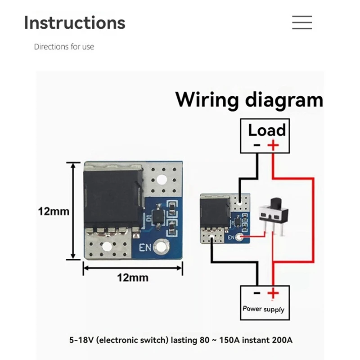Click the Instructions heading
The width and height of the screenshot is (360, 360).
tap(74, 22)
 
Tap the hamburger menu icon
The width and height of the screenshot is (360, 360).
tap(301, 22)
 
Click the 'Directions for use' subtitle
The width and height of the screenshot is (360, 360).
tap(64, 47)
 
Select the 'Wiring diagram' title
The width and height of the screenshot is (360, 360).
tap(249, 99)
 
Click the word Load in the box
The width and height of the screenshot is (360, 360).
tap(267, 130)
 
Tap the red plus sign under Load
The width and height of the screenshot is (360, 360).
tap(273, 145)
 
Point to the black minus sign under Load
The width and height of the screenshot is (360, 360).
tap(256, 145)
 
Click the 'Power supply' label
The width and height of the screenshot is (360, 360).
tap(263, 309)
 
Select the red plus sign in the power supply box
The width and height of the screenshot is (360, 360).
tap(273, 293)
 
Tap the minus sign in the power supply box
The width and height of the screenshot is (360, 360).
tap(256, 293)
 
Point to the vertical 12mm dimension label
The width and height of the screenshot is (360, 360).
tap(54, 211)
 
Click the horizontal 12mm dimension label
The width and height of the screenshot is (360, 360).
tap(132, 278)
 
